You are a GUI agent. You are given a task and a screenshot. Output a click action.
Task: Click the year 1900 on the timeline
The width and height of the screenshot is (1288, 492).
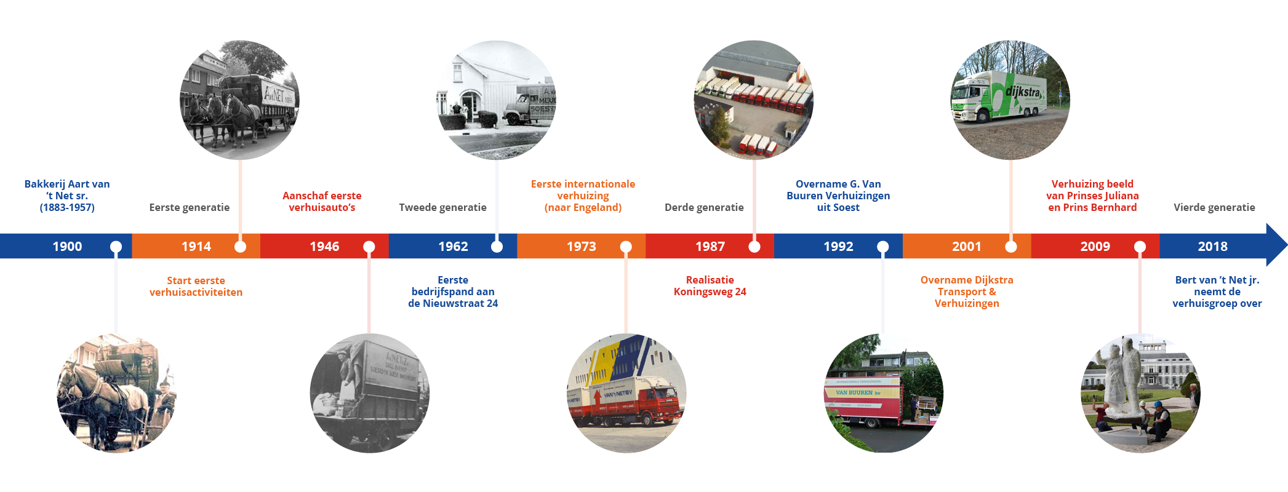point(67,247)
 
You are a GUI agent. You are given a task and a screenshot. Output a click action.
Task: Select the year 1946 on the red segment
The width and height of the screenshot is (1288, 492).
point(324,247)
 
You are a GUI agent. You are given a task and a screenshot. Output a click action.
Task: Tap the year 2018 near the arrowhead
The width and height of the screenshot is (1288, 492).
point(1212,247)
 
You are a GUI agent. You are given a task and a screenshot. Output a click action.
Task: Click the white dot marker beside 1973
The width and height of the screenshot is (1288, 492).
point(626,247)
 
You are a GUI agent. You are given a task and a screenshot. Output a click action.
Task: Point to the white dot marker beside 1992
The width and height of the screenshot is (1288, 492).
point(882,247)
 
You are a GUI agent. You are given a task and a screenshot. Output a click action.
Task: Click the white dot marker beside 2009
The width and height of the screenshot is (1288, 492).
point(1140,247)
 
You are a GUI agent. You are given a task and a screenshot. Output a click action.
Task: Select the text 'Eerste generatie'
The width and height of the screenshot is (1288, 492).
point(190,208)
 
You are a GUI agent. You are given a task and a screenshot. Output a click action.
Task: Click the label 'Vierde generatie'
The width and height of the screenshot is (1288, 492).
point(1214,208)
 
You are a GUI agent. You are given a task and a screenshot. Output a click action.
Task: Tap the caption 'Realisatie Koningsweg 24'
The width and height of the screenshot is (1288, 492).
point(710,286)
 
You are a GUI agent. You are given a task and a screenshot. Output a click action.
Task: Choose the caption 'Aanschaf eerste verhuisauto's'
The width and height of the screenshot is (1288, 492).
point(322,202)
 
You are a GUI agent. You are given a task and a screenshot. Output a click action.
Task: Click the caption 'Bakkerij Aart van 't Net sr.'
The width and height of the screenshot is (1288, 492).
point(67,189)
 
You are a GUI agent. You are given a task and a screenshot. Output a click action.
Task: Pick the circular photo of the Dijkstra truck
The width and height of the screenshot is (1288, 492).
point(1010,100)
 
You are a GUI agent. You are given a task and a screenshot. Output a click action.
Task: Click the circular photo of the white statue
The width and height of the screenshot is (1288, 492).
point(1140,394)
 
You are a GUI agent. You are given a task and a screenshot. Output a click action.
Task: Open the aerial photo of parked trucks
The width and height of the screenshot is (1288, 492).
point(753,100)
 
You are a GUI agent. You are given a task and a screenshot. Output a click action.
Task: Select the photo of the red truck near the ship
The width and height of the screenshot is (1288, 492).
point(626,394)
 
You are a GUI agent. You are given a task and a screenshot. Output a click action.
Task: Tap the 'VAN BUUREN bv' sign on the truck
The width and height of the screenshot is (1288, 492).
point(858,392)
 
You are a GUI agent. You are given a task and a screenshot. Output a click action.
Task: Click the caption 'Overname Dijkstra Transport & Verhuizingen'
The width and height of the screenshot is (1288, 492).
point(967,292)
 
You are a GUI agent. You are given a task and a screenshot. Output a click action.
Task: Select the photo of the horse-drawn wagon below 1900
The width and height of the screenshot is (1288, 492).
point(116,394)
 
